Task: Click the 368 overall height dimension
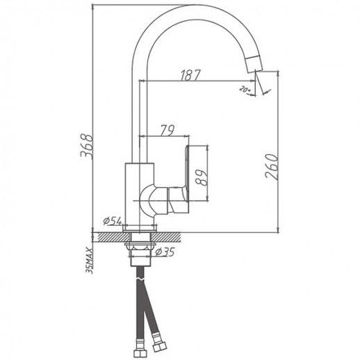pos(87,147)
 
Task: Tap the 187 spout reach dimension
pos(190,75)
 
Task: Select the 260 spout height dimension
pos(271,167)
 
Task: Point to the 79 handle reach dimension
pos(167,131)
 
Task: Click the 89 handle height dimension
pos(201,178)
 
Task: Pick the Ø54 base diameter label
pos(113,222)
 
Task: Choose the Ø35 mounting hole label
pos(165,252)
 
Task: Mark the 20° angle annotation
pos(245,90)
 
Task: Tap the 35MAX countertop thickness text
pos(89,260)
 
